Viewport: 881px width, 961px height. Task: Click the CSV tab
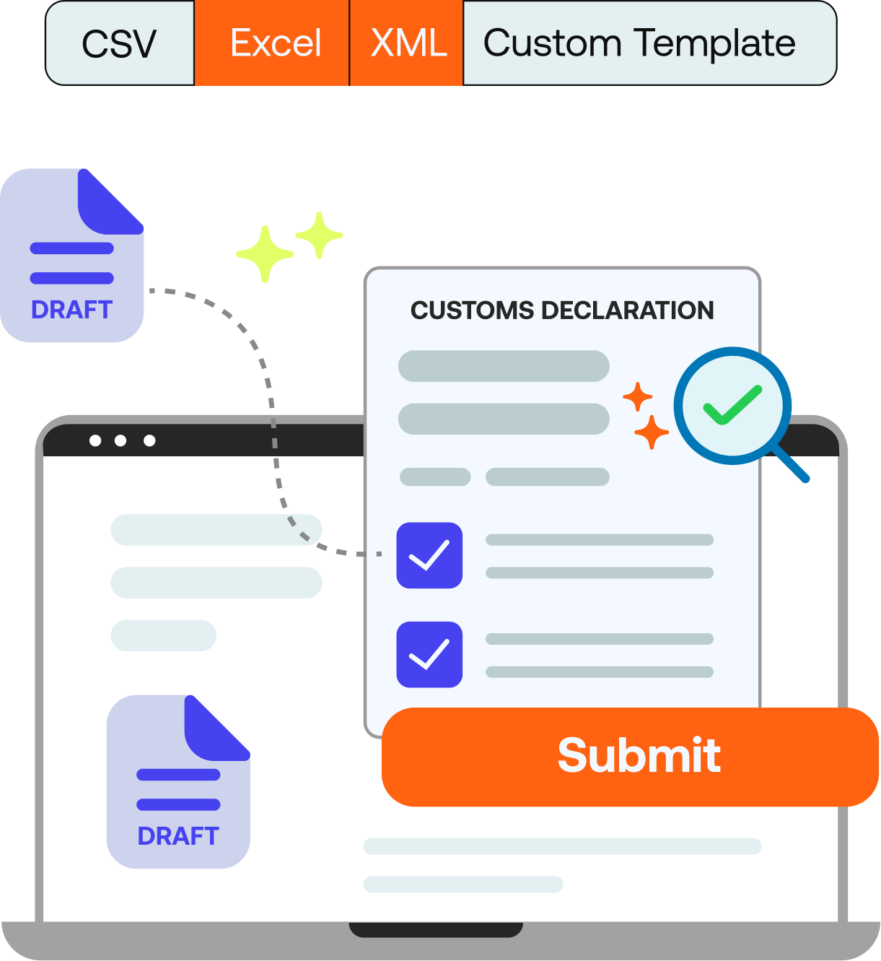click(x=119, y=43)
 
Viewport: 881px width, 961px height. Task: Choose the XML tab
click(x=407, y=43)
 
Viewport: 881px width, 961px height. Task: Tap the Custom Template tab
click(x=639, y=43)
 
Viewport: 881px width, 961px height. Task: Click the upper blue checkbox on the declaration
click(x=429, y=555)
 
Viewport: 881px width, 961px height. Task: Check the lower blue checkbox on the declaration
click(x=429, y=654)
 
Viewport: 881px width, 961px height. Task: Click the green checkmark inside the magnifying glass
click(x=732, y=405)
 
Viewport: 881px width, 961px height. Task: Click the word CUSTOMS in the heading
click(x=472, y=310)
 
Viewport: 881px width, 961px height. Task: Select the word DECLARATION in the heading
click(x=627, y=310)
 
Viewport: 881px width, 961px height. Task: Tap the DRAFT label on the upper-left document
click(x=71, y=310)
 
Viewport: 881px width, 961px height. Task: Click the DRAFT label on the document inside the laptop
click(x=177, y=836)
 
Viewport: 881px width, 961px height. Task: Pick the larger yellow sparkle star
click(x=265, y=253)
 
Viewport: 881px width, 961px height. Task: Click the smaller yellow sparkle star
click(x=319, y=235)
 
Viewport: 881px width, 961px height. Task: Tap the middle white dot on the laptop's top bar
click(x=120, y=440)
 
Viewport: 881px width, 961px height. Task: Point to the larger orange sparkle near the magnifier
click(x=652, y=432)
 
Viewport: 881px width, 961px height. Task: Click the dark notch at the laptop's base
click(x=436, y=929)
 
